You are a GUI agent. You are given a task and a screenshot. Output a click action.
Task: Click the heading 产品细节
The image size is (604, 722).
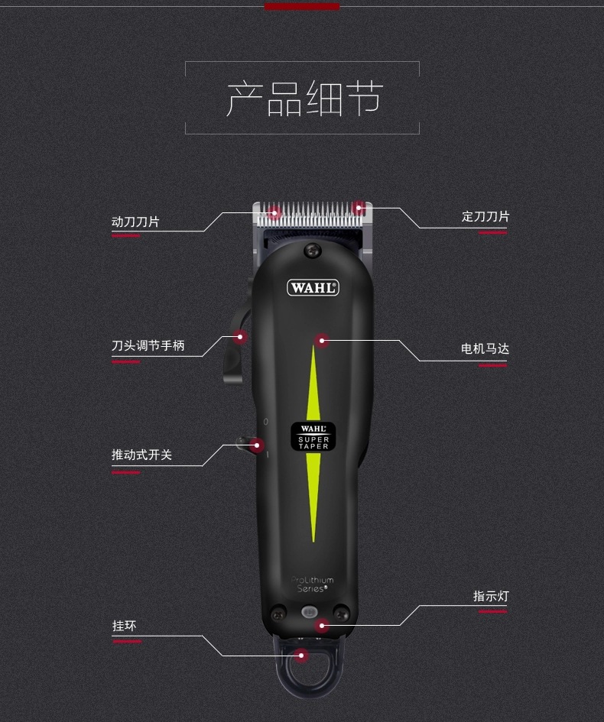304,99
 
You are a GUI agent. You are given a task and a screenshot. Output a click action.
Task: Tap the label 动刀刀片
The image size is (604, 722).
135,222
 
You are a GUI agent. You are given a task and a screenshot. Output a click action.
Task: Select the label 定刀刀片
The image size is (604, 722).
485,216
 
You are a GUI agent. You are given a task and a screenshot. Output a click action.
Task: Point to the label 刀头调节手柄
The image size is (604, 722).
148,345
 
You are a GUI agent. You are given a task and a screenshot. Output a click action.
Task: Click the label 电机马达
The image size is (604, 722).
485,348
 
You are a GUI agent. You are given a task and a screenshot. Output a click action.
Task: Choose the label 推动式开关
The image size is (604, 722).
141,455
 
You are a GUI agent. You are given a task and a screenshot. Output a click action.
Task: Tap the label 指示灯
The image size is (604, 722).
491,596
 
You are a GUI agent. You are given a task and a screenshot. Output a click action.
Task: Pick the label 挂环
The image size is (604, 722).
125,626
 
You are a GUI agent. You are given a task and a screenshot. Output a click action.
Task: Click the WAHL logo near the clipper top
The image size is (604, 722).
313,288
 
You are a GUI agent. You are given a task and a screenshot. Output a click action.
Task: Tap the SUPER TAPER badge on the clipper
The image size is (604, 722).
313,436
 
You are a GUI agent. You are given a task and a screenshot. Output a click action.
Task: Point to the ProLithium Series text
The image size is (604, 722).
313,584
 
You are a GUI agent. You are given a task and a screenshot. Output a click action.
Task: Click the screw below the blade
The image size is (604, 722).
313,251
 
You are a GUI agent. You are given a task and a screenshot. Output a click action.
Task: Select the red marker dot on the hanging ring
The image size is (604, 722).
301,656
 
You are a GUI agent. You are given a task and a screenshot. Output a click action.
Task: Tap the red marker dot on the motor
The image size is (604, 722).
322,341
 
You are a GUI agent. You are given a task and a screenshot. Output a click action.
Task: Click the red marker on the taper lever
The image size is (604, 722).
239,337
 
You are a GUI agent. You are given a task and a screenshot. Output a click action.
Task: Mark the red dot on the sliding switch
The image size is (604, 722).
257,445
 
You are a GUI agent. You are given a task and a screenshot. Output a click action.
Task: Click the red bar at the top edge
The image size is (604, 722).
302,6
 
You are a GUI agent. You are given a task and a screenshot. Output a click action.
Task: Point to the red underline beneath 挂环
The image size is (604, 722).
126,642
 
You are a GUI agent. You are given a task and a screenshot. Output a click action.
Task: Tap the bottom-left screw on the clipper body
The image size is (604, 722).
278,614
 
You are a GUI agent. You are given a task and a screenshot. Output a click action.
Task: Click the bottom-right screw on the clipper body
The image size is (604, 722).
342,614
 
